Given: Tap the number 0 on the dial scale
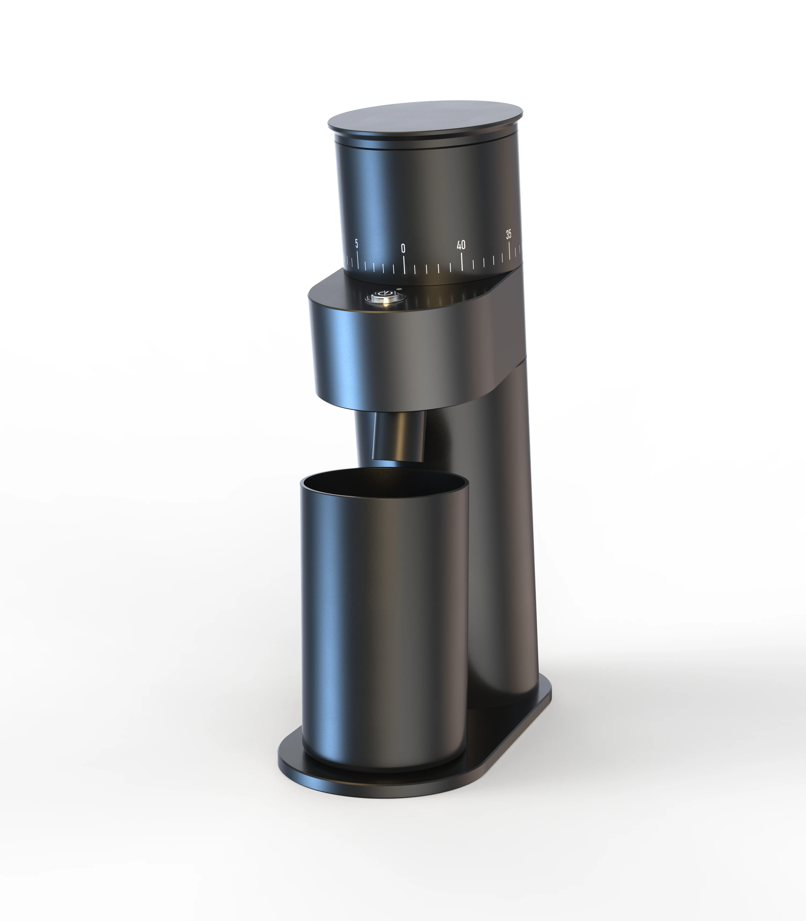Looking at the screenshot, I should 403,248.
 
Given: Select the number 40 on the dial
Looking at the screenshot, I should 461,245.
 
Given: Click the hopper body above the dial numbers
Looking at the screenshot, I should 427,193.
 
